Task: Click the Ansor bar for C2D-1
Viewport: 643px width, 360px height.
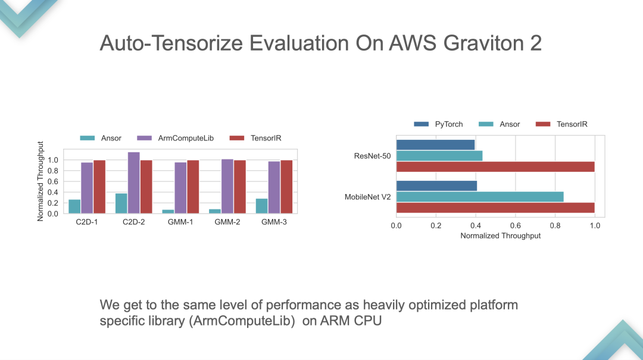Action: click(74, 206)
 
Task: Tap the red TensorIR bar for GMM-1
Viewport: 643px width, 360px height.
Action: click(193, 187)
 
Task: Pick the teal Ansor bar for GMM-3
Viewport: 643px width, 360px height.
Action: click(261, 206)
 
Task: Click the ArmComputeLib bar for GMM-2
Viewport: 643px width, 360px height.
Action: click(227, 186)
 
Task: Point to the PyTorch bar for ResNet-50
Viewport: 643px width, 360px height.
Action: click(435, 145)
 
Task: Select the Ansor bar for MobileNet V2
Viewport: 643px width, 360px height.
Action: click(480, 196)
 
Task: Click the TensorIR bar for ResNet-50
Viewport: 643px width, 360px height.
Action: click(495, 167)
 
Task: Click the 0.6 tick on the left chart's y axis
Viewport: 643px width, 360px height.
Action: click(53, 181)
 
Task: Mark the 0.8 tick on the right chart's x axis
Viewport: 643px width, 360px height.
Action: click(555, 226)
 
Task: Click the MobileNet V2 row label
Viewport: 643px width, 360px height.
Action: click(367, 197)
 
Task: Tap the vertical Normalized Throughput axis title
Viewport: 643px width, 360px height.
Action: click(41, 181)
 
